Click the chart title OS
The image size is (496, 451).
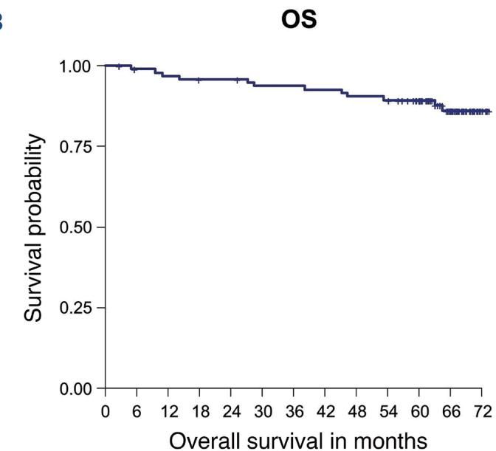coord(299,20)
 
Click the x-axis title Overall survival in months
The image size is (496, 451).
coord(297,439)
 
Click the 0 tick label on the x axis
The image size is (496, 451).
coord(106,410)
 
